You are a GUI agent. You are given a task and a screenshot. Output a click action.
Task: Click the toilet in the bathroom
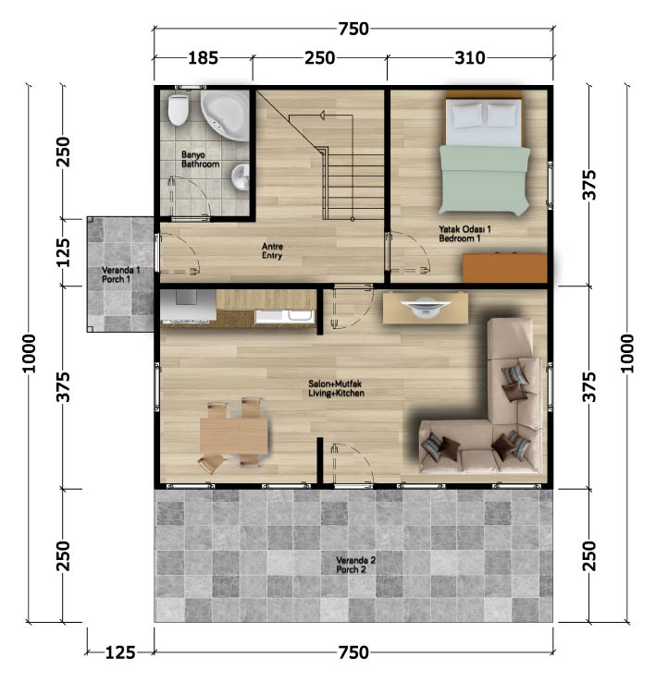pyautogui.click(x=179, y=110)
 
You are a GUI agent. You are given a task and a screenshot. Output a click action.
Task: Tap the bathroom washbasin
pyautogui.click(x=240, y=177)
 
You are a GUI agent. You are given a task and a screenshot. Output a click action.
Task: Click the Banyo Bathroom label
pyautogui.click(x=200, y=159)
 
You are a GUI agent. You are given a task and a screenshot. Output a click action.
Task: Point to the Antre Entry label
pyautogui.click(x=272, y=251)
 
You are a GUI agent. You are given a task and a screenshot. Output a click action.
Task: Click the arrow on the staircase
pyautogui.click(x=323, y=116)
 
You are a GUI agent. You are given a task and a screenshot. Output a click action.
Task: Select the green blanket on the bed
pyautogui.click(x=485, y=180)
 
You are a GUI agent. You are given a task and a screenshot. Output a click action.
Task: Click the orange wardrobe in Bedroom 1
pyautogui.click(x=505, y=268)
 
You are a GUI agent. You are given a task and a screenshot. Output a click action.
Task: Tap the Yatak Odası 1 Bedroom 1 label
pyautogui.click(x=464, y=234)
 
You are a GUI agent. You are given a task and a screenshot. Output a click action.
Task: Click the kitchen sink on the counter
pyautogui.click(x=284, y=316)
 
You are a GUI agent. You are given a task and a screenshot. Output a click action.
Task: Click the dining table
pyautogui.click(x=234, y=436)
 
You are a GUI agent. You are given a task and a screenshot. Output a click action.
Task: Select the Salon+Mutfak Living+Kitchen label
pyautogui.click(x=336, y=388)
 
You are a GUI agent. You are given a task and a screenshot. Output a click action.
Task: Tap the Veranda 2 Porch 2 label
pyautogui.click(x=355, y=565)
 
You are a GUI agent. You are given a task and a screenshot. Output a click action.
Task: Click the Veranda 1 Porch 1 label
pyautogui.click(x=120, y=274)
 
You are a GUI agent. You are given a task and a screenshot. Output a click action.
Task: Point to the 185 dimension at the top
pyautogui.click(x=203, y=58)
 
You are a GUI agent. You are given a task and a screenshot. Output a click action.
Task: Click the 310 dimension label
pyautogui.click(x=470, y=58)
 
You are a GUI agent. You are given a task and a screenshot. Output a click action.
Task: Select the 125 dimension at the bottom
pyautogui.click(x=120, y=652)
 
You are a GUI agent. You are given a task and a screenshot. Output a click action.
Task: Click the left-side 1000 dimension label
pyautogui.click(x=30, y=353)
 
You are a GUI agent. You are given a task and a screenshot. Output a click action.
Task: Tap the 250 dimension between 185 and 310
pyautogui.click(x=320, y=58)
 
